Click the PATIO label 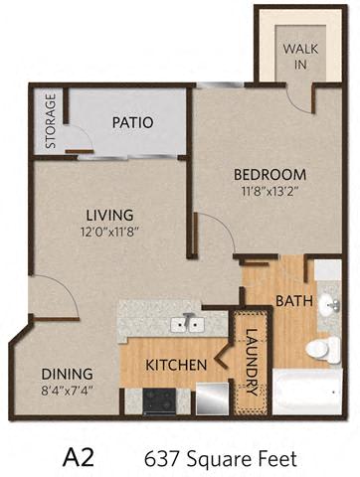point(132,122)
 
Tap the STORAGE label point(51,121)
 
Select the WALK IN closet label point(300,57)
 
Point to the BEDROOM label point(270,175)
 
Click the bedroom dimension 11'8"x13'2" point(270,191)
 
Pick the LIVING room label point(109,215)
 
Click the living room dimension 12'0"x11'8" point(111,232)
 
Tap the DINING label point(67,374)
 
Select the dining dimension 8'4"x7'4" point(67,391)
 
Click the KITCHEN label point(176,365)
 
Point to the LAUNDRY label point(252,362)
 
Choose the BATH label point(294,301)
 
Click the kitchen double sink point(187,324)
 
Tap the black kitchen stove point(159,401)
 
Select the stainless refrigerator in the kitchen point(213,398)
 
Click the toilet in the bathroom point(323,350)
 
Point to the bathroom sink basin point(329,303)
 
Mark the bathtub point(307,392)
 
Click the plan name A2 point(79,457)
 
